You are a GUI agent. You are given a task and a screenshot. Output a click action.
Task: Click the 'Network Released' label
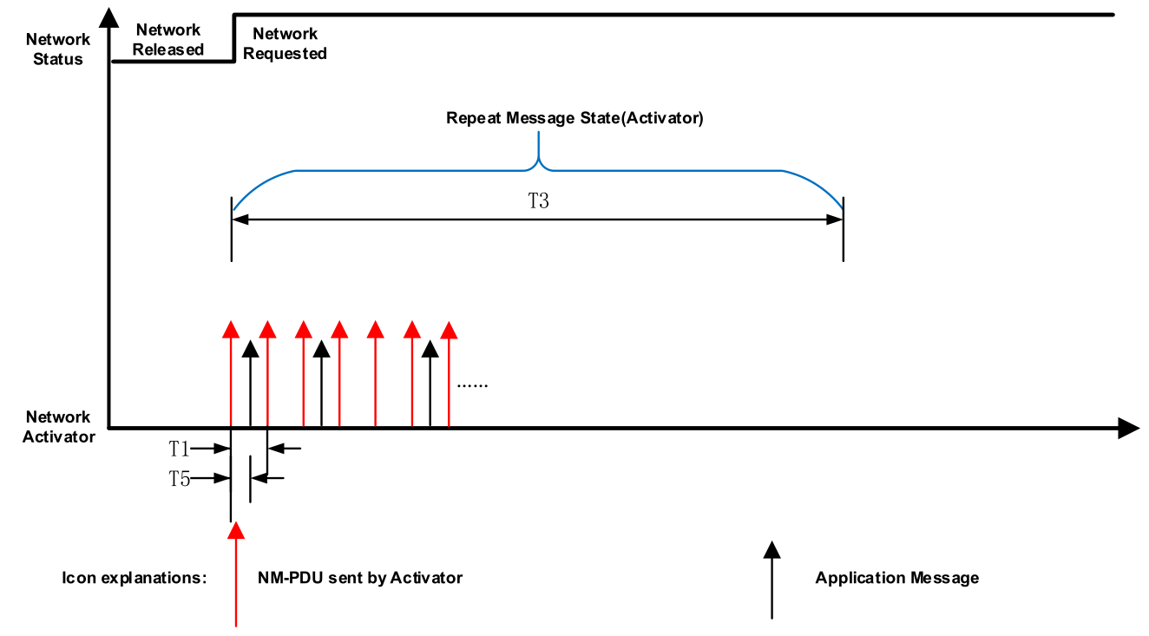coord(167,40)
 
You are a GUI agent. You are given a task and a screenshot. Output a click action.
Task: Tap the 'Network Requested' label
coord(285,43)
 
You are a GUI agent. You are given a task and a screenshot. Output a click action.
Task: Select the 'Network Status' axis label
coord(58,49)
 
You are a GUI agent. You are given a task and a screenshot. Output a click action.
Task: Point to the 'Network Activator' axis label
coord(58,426)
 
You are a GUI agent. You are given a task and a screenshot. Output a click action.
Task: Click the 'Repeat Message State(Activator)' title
coord(574,118)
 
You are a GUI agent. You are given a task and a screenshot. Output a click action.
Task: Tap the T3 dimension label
coord(539,200)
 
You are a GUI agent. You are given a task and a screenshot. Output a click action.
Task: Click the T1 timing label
coord(179,449)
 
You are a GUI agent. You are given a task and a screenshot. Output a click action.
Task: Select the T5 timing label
coord(179,479)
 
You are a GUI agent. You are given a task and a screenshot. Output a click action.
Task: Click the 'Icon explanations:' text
coord(134,578)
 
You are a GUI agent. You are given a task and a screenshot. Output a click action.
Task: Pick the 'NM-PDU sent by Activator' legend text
coord(360,578)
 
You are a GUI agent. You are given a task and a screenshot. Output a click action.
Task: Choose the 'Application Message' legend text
coord(897,578)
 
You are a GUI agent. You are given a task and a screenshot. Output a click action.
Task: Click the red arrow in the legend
coord(236,574)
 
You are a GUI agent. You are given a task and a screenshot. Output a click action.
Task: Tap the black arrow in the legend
coord(772,580)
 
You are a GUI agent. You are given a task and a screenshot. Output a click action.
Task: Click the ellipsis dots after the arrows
coord(472,385)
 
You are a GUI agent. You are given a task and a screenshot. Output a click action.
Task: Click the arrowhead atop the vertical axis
coord(108,17)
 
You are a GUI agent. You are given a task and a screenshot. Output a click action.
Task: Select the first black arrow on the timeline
coord(250,384)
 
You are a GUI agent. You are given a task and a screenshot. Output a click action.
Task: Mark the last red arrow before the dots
coord(449,374)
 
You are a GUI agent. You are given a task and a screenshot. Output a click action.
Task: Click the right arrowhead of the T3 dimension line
coord(835,220)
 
